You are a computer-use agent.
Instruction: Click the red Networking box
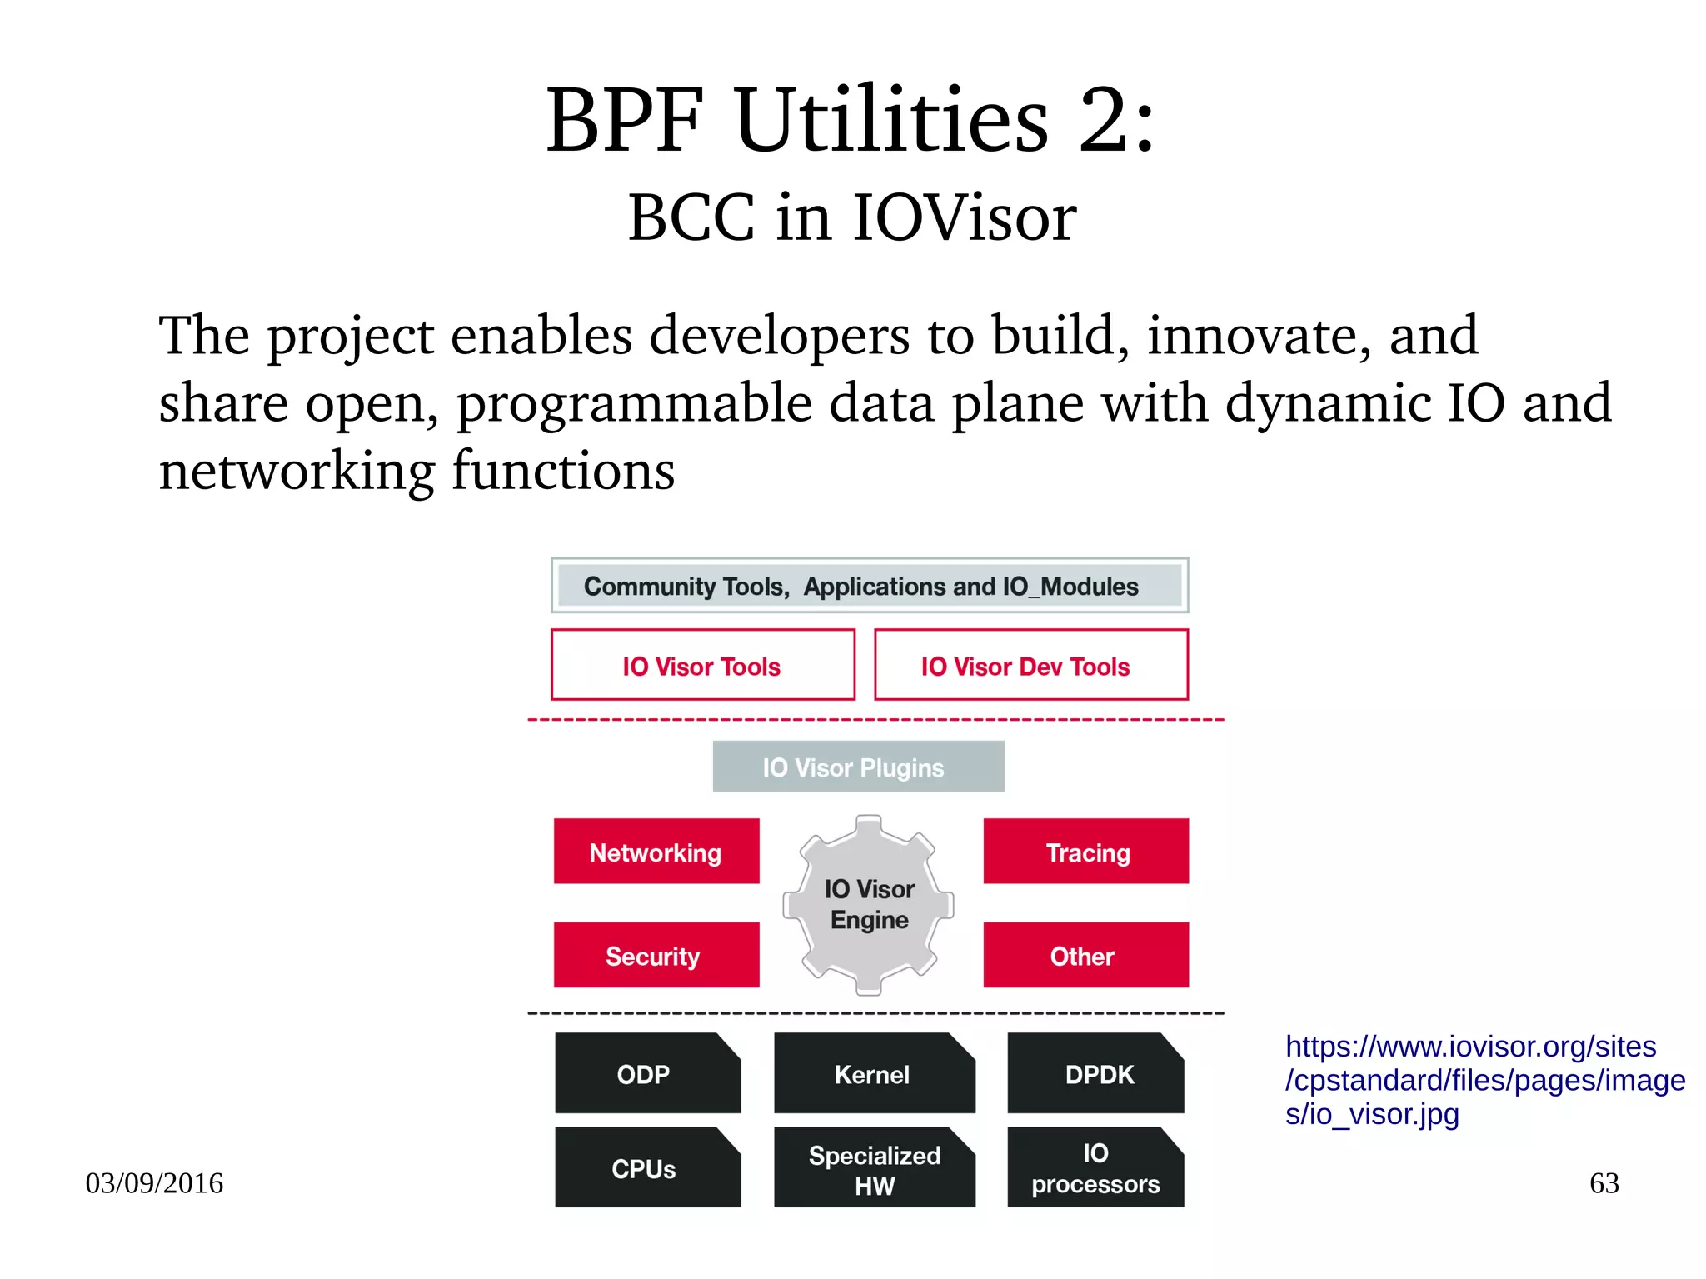(656, 851)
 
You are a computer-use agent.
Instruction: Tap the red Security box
(656, 955)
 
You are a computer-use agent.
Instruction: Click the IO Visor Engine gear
(868, 905)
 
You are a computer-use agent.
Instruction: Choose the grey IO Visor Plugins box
(858, 767)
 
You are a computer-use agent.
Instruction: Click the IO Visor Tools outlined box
(702, 665)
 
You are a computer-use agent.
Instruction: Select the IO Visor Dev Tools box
(1030, 665)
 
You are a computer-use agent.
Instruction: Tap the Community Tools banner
(869, 586)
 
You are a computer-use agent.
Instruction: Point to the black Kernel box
(873, 1073)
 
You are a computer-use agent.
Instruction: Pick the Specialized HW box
(873, 1168)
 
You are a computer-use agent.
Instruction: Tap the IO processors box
(1095, 1167)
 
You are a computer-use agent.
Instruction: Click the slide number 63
(1604, 1182)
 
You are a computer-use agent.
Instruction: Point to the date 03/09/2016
(154, 1182)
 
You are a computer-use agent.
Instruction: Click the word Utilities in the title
(891, 121)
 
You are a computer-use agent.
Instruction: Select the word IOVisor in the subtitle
(964, 218)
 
